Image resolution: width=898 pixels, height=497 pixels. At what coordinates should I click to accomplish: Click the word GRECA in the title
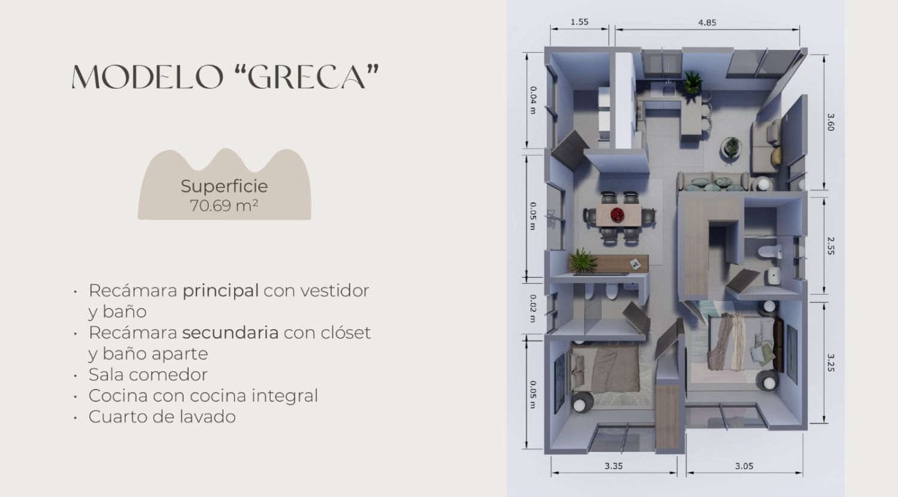pos(307,77)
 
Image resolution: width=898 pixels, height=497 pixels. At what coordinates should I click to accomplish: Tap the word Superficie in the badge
pos(224,187)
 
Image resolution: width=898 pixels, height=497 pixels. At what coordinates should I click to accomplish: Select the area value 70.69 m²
pos(224,205)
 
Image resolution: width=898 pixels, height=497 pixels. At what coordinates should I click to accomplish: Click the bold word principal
pos(220,291)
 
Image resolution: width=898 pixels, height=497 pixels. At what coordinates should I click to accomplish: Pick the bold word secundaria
pos(230,332)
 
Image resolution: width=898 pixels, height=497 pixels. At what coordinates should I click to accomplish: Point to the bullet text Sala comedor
pos(148,375)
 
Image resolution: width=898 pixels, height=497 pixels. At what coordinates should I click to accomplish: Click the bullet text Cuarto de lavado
pos(162,417)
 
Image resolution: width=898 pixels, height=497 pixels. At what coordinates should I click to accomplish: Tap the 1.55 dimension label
pos(580,22)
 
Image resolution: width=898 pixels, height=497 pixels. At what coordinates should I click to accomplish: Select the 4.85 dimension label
pos(707,23)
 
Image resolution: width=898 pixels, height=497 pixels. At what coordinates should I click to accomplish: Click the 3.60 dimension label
pos(830,122)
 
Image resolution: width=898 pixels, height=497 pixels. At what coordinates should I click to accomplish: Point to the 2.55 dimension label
pos(830,246)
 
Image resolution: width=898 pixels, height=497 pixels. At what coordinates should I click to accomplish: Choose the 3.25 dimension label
pos(830,363)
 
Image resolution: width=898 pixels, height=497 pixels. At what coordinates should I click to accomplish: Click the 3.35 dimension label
pos(614,466)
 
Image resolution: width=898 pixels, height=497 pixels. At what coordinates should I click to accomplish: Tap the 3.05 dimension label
pos(744,466)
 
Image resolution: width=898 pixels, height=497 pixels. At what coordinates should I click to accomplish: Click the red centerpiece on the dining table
pos(617,214)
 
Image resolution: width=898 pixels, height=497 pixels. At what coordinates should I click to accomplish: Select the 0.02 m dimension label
pos(533,308)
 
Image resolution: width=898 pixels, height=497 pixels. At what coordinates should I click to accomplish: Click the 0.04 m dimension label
pos(533,100)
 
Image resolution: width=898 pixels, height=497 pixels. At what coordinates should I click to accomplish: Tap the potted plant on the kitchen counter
pos(692,83)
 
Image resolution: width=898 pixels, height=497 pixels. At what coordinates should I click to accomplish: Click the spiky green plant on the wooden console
pos(583,260)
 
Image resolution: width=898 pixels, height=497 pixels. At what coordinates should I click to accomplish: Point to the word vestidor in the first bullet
pos(335,291)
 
